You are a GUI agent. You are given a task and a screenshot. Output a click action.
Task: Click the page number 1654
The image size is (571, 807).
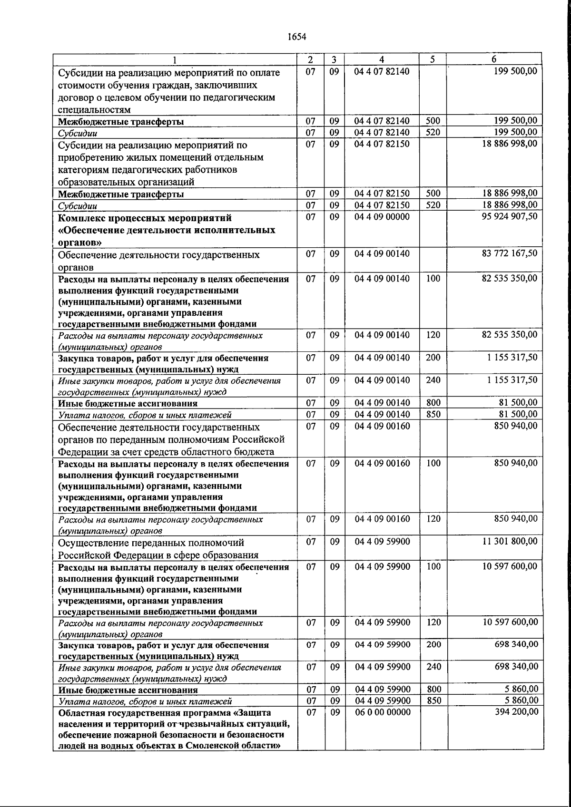[x=297, y=37]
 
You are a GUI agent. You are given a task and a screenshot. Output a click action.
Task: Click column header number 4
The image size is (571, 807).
[x=382, y=59]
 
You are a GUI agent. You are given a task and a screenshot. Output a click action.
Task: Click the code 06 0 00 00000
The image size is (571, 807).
[x=382, y=712]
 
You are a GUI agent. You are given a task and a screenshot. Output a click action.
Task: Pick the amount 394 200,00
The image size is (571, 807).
[x=516, y=712]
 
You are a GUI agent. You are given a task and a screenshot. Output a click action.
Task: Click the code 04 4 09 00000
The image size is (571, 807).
[x=382, y=217]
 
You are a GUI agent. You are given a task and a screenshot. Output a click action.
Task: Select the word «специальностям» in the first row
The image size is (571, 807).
[x=94, y=110]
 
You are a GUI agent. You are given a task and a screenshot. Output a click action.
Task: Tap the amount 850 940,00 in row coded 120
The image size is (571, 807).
[x=516, y=519]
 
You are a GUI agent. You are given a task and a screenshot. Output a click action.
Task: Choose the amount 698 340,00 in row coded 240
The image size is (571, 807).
[x=516, y=667]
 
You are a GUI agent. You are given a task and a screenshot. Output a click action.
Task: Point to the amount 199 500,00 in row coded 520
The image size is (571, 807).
[x=516, y=132]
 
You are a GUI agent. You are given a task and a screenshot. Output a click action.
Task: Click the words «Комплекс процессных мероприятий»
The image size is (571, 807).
[x=145, y=218]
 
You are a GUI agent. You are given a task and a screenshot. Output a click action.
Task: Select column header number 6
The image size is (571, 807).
[x=494, y=59]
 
